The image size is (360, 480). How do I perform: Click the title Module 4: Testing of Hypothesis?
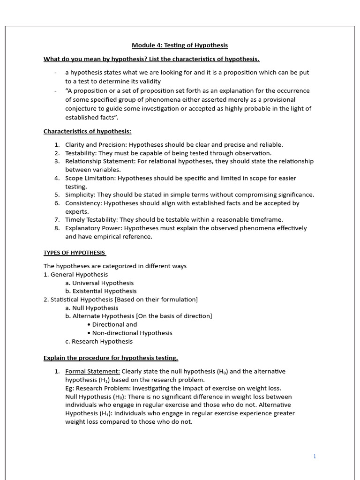tap(180, 45)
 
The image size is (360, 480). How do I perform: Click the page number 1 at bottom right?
tap(315, 456)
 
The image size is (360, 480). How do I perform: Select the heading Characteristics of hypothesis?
tap(87, 131)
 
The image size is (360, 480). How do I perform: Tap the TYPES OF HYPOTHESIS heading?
tap(75, 253)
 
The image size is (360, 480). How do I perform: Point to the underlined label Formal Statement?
tap(92, 371)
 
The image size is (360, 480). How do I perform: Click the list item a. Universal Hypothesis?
tap(99, 283)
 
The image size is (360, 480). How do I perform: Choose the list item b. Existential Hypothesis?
tap(101, 291)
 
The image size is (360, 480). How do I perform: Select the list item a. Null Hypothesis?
tap(91, 308)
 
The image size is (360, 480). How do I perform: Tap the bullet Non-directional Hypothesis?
tap(132, 333)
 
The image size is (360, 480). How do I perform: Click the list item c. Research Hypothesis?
tap(99, 341)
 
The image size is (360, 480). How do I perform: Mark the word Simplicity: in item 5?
tap(80, 195)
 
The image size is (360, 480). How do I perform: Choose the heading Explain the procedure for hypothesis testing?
tap(111, 358)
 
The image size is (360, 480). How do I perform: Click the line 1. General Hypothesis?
tap(75, 274)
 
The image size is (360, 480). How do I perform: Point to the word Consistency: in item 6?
tap(83, 203)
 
